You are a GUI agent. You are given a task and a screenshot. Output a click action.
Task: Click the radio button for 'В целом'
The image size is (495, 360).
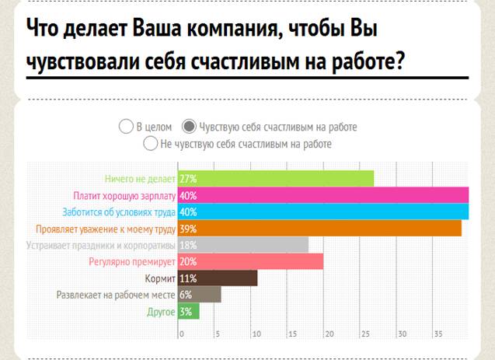[126, 126]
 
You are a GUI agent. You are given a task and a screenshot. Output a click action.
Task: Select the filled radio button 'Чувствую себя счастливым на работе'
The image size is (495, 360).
[189, 126]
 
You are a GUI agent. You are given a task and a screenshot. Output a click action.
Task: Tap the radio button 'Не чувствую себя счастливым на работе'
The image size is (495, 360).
[150, 143]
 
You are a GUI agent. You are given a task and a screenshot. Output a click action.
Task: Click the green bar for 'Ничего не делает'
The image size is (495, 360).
[276, 179]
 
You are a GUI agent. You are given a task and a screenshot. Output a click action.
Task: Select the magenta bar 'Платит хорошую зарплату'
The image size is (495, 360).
[323, 195]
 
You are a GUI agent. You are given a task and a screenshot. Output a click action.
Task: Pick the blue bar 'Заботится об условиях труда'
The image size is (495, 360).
[323, 211]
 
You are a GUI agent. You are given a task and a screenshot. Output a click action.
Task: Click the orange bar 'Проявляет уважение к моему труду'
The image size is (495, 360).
[319, 229]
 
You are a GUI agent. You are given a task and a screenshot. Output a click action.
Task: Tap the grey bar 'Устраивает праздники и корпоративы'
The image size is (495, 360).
[243, 245]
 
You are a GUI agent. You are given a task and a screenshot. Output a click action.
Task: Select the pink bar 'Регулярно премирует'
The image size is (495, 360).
[250, 261]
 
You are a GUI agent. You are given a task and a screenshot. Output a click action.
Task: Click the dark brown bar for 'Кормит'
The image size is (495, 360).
[218, 278]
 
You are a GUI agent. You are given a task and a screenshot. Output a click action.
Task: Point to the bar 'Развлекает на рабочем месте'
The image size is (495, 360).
[199, 295]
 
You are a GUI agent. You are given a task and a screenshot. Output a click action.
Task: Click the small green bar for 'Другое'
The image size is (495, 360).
[189, 311]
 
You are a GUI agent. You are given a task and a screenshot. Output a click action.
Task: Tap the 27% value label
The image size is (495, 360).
[188, 179]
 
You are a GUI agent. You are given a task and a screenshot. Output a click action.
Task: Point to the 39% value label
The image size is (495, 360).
[188, 229]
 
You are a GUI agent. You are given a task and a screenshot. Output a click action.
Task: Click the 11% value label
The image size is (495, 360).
[188, 278]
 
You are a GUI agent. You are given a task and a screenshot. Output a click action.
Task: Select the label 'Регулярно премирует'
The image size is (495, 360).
[132, 262]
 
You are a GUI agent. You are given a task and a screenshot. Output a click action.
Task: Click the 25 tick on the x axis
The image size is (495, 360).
[365, 334]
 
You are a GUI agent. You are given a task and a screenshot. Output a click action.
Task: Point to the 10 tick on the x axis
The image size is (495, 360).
[256, 334]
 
